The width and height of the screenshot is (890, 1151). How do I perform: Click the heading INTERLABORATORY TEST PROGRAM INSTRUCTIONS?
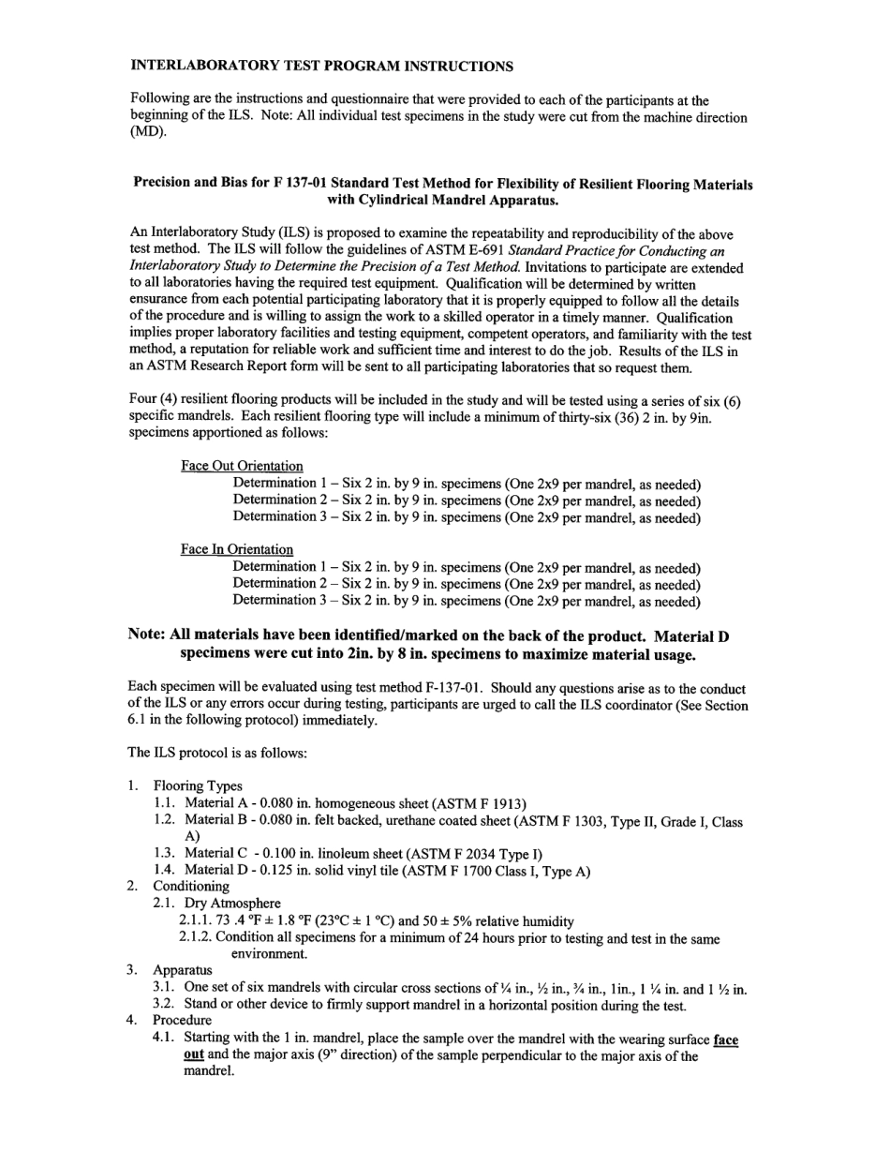[x=321, y=66]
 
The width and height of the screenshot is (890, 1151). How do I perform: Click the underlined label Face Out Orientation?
[x=242, y=466]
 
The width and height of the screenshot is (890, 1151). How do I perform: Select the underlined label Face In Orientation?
[x=237, y=549]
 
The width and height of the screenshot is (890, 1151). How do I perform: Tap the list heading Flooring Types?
[x=198, y=786]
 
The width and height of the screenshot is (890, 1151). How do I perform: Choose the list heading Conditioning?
[x=191, y=886]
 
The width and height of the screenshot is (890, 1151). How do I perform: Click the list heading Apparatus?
[x=183, y=970]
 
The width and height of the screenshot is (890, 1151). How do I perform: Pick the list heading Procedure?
[x=183, y=1020]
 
